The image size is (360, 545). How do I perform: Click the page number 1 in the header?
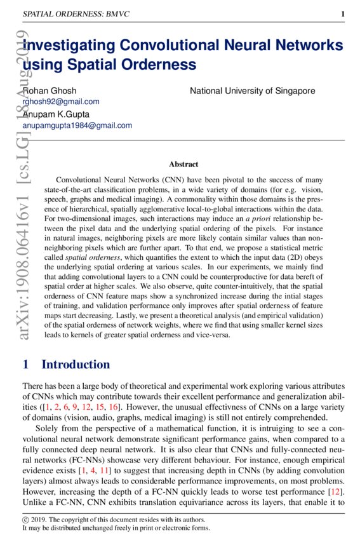click(x=343, y=14)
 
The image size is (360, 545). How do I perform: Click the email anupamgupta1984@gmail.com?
click(x=77, y=126)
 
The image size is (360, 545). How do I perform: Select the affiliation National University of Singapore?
click(x=253, y=91)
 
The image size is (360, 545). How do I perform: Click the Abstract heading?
click(x=183, y=164)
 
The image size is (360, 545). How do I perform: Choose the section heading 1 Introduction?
click(x=66, y=365)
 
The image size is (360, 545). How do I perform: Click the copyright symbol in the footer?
click(x=25, y=520)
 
